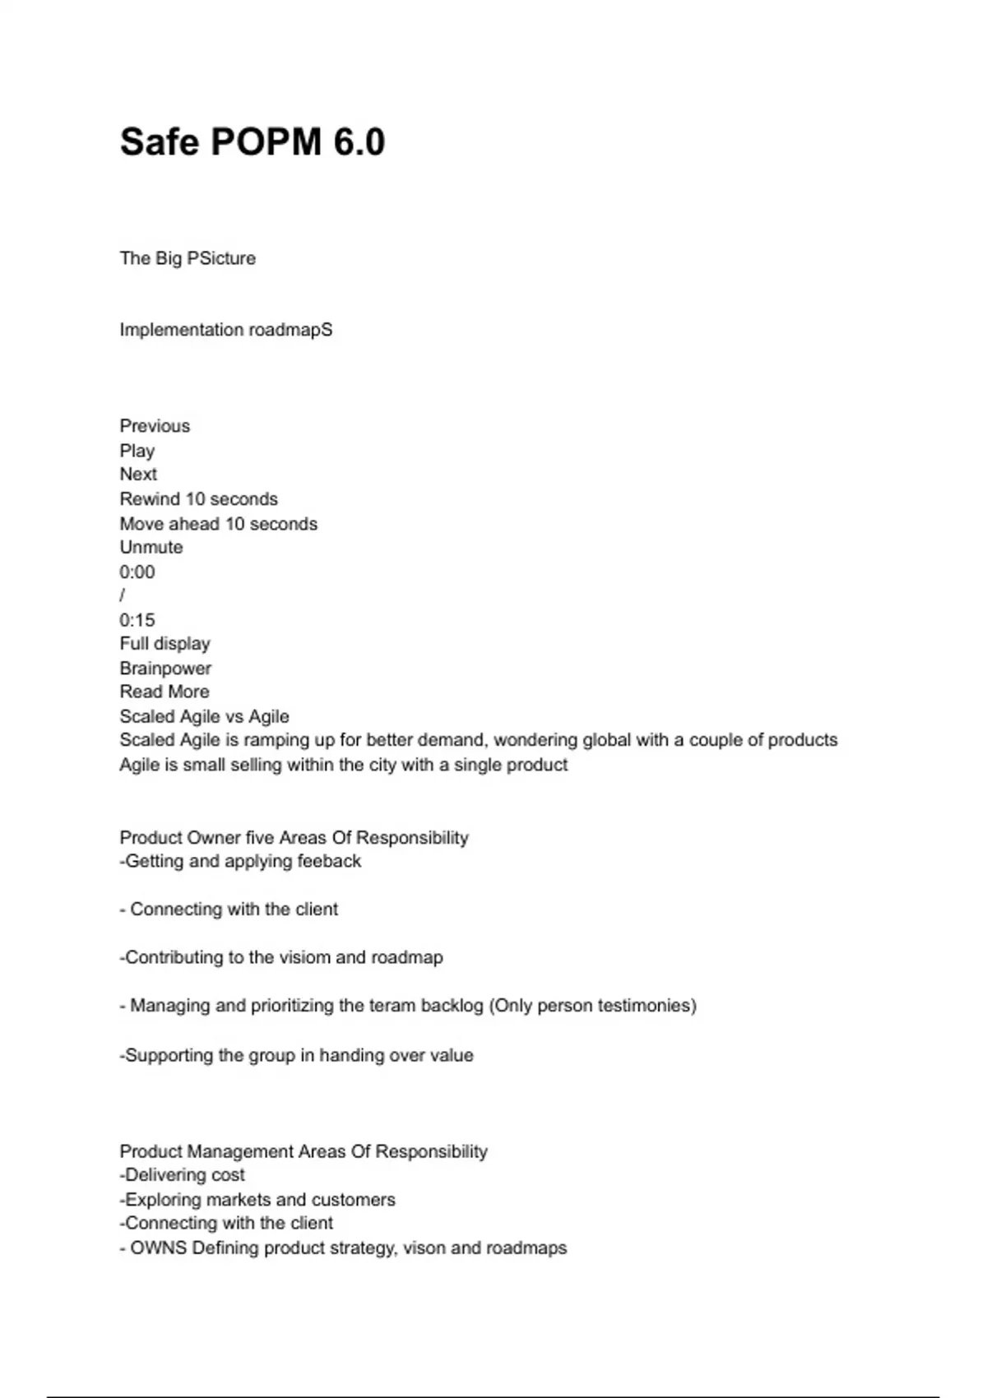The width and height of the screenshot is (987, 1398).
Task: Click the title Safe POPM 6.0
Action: coord(252,141)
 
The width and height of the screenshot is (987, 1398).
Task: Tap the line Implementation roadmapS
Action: coord(226,330)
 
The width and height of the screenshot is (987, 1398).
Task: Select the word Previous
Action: coord(155,426)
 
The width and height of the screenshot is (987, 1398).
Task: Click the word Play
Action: coord(137,451)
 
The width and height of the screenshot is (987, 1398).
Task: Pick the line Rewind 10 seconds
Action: coord(198,499)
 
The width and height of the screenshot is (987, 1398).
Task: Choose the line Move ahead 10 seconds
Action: coord(218,524)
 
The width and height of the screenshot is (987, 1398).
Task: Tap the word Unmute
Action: coord(151,548)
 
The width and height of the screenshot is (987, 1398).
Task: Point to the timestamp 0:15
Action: coord(137,620)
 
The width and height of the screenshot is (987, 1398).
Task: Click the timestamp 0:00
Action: coord(137,572)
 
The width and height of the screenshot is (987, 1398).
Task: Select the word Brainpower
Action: coord(165,669)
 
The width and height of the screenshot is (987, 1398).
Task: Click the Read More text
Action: coord(164,692)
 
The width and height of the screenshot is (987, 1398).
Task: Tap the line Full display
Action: coord(164,644)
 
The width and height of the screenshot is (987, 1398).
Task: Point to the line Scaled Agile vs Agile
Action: coord(204,716)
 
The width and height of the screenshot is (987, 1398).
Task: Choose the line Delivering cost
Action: coord(183,1175)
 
